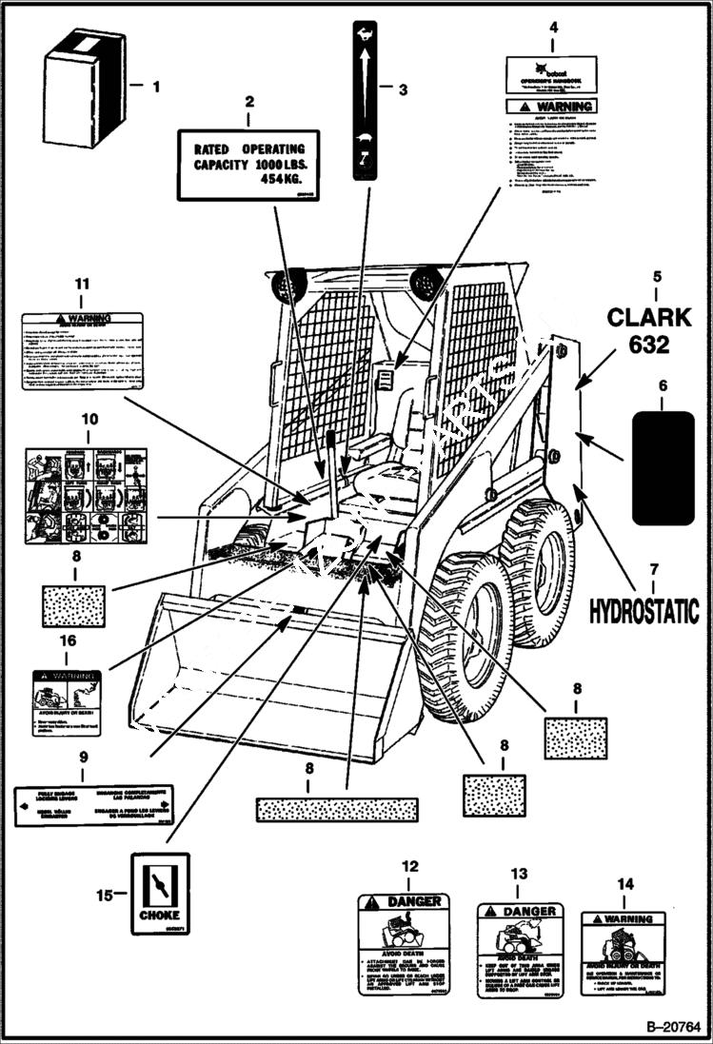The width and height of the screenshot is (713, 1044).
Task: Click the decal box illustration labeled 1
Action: (85, 87)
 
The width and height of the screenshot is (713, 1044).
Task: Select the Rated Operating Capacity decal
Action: (248, 164)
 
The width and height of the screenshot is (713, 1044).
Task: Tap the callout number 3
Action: (403, 90)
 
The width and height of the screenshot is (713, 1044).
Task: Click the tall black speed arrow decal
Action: (365, 100)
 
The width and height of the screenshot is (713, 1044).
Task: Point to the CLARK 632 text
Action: (649, 329)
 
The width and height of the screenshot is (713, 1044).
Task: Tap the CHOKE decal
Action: (159, 894)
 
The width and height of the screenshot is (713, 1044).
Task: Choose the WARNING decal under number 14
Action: (624, 954)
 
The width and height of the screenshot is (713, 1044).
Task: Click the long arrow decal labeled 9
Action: (94, 805)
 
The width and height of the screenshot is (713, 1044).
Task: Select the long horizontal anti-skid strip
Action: (336, 809)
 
